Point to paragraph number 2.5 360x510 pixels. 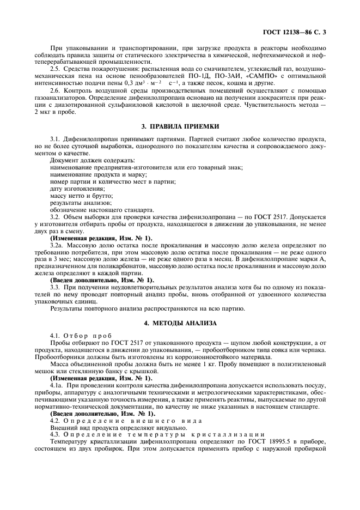pos(56,69)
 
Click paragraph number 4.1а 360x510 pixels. pos(57,385)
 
